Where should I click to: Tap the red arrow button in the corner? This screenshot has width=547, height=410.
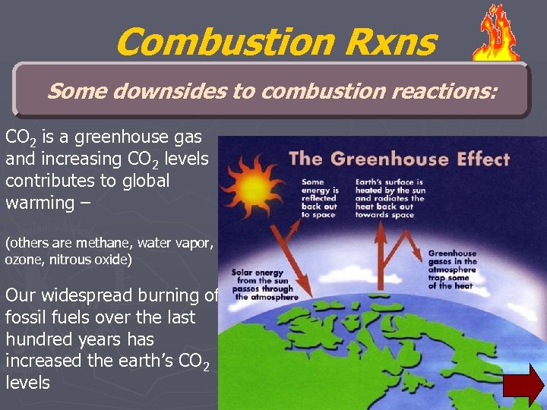pyautogui.click(x=524, y=384)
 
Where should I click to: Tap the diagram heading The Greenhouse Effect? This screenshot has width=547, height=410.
pyautogui.click(x=400, y=159)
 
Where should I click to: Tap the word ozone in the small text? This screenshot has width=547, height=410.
pyautogui.click(x=23, y=260)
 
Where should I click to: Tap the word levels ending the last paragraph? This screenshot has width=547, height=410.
pyautogui.click(x=27, y=383)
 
